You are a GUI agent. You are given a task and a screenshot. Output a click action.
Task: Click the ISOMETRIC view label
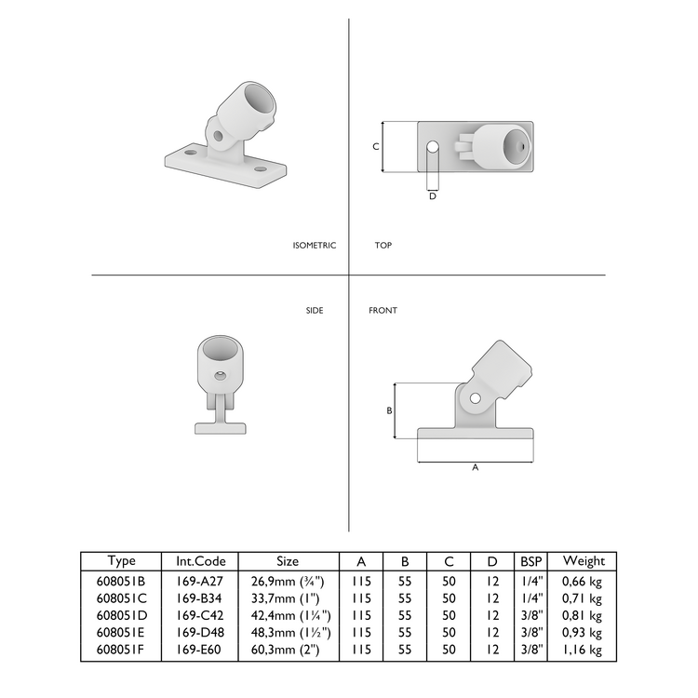click(x=314, y=246)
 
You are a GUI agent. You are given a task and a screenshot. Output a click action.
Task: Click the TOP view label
click(x=383, y=246)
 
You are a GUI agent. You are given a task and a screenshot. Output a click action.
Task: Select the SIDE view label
click(x=315, y=310)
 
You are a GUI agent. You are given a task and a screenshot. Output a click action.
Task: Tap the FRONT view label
click(x=383, y=310)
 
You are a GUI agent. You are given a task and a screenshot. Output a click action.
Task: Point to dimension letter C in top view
click(x=376, y=147)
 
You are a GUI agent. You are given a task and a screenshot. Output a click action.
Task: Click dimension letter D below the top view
click(x=433, y=196)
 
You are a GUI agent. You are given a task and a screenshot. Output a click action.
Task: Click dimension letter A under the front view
click(x=476, y=468)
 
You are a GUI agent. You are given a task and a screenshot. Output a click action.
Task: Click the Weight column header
click(x=584, y=561)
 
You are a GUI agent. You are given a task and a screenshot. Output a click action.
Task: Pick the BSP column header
click(x=531, y=561)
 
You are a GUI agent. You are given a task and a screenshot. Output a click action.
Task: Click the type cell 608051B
click(x=121, y=580)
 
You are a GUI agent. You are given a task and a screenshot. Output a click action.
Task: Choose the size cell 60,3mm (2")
click(x=288, y=650)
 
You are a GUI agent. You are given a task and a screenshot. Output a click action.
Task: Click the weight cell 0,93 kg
click(x=584, y=633)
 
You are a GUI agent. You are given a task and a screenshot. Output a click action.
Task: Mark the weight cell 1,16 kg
click(x=584, y=650)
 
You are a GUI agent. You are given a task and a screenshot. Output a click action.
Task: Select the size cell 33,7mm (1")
click(x=288, y=597)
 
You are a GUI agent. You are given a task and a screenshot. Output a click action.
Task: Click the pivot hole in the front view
click(x=476, y=398)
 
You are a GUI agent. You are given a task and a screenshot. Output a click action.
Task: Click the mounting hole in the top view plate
click(x=433, y=147)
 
